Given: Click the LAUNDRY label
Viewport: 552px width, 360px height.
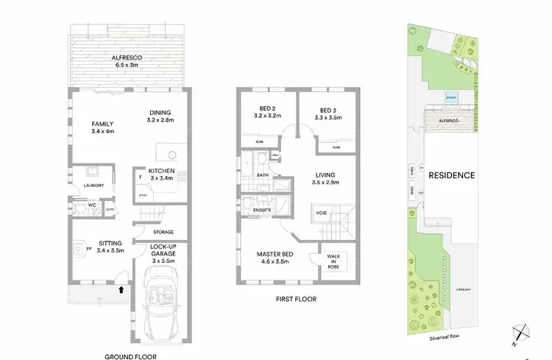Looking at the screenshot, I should coord(92,186).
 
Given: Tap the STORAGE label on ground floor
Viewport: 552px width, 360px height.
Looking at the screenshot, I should coord(163,232).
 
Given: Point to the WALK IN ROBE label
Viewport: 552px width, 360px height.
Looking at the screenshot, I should coord(334,262).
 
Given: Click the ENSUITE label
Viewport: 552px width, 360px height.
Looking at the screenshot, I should coord(261,210).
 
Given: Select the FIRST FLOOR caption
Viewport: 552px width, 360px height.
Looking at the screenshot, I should coord(297,300).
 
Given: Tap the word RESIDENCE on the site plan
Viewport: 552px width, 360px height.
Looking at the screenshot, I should coord(451,175).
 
